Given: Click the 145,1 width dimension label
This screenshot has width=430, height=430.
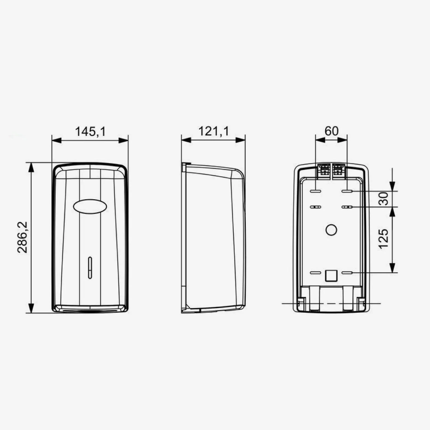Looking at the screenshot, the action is pos(90,132).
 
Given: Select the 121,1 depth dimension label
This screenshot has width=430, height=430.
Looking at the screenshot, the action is pos(213,131).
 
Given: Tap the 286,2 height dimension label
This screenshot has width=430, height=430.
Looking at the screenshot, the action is pos(22,237).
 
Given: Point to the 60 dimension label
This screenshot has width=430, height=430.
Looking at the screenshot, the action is pos(331,131).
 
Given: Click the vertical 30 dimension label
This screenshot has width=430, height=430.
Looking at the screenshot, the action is pos(384,199).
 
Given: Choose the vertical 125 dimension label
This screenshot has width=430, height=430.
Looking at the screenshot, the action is pos(384,239).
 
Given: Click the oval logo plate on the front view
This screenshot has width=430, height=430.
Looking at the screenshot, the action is pos(90,206).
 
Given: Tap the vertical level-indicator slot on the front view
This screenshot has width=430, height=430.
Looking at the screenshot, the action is pos(90,268).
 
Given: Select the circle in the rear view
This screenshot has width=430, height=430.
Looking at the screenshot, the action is pos(331,230).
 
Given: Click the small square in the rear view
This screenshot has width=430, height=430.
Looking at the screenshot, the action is pos(331,276).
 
